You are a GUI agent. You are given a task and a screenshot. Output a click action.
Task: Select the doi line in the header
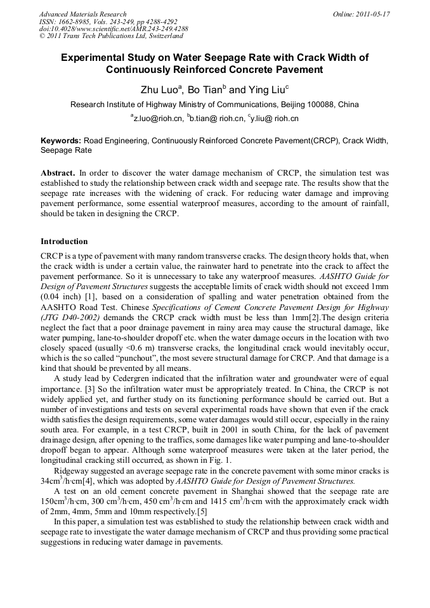114,29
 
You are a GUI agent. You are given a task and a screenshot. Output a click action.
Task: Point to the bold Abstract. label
58,173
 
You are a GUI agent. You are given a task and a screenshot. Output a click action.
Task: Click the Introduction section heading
64,242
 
